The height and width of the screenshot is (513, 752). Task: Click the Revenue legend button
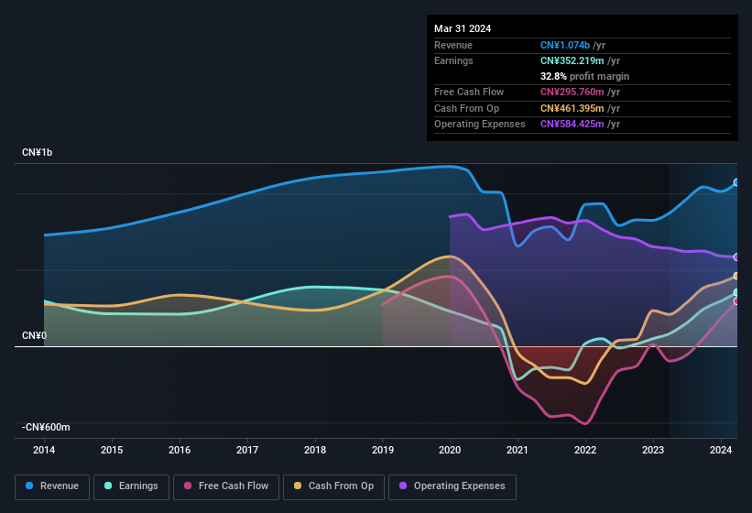pos(53,486)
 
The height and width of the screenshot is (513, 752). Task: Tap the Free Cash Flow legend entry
pos(226,486)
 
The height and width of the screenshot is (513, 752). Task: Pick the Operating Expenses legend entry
pos(452,486)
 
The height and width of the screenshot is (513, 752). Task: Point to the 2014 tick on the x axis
pos(44,450)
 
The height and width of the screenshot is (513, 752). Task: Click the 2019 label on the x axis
pos(383,450)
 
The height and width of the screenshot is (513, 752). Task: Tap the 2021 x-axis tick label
pos(518,450)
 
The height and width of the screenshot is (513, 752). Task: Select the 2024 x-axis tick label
pos(721,450)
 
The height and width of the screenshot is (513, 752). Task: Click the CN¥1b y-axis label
pos(38,152)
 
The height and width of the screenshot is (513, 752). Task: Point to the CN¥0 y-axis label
pos(34,336)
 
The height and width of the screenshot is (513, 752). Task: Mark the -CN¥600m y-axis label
pos(47,427)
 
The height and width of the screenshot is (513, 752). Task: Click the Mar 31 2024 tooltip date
pos(463,28)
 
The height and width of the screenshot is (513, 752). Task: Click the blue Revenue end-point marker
pos(736,182)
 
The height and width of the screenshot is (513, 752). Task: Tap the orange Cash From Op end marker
pos(736,276)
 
